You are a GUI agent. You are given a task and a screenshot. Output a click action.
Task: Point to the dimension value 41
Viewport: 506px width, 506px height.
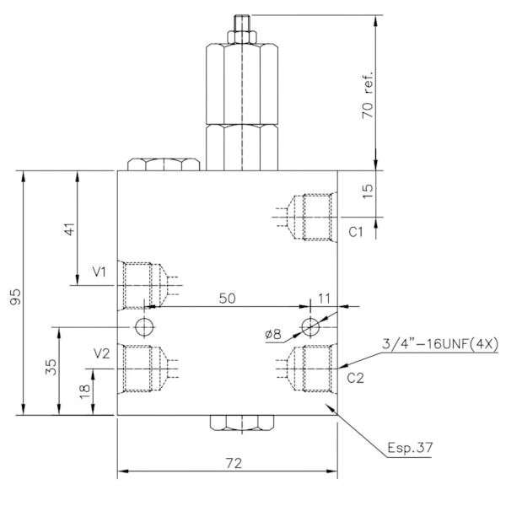click(x=70, y=229)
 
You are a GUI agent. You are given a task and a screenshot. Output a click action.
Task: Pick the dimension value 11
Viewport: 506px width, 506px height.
click(x=325, y=299)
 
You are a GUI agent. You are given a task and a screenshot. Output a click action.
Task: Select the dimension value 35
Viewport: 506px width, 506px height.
click(x=51, y=367)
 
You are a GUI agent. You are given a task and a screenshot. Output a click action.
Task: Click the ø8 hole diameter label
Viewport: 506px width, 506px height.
click(x=272, y=334)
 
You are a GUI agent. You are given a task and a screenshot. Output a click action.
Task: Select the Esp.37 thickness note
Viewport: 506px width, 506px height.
click(x=409, y=448)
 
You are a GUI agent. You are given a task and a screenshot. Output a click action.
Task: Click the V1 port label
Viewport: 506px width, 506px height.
click(x=100, y=272)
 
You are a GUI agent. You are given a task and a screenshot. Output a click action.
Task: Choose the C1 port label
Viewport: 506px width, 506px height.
click(x=355, y=230)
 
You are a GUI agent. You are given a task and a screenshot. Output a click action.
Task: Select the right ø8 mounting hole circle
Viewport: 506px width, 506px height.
click(x=311, y=326)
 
